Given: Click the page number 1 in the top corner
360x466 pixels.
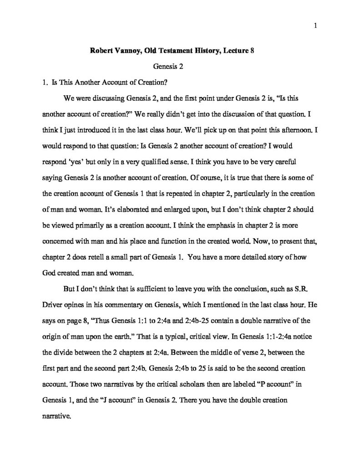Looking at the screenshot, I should point(315,25).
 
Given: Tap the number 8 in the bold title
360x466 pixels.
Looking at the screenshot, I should point(252,51).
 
